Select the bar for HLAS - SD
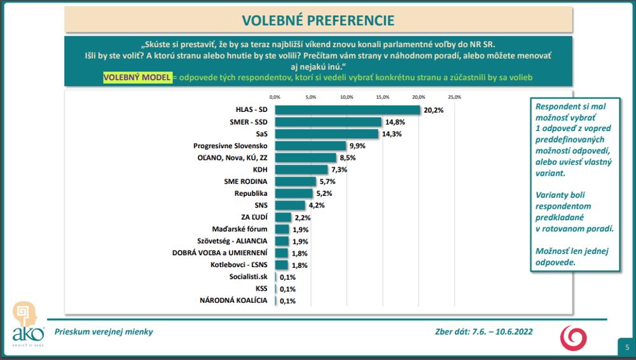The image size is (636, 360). tap(347, 110)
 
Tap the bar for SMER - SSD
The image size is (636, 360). tap(328, 122)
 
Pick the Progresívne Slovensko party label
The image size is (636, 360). tap(230, 146)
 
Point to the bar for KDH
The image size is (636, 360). tap(301, 169)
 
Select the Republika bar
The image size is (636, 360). tap(293, 193)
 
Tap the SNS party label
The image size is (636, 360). tap(261, 205)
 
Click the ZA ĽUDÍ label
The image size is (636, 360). tap(254, 218)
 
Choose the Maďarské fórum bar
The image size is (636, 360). tap(282, 229)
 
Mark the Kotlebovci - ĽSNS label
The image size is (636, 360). tap(238, 265)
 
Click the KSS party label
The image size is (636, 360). tap(261, 289)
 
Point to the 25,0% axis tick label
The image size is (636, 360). tap(454, 97)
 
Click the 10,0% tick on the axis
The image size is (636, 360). tap(347, 97)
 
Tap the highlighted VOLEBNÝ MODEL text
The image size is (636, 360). tap(137, 77)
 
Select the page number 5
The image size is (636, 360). tap(627, 347)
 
